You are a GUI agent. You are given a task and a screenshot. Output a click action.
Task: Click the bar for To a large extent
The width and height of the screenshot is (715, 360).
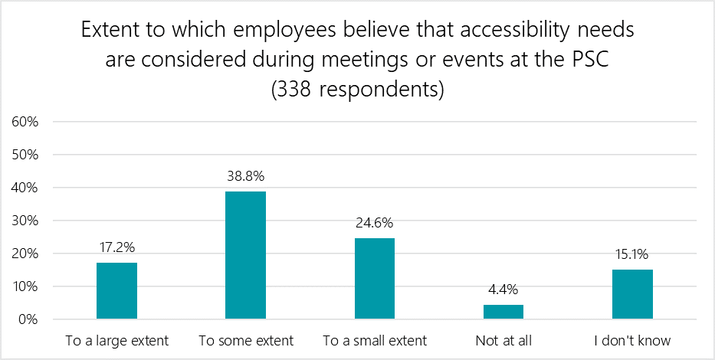tap(116, 290)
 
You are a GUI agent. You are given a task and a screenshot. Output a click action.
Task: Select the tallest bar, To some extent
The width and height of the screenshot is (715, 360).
tap(245, 255)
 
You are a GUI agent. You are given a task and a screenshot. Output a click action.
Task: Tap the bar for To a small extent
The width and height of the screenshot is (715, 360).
tap(374, 278)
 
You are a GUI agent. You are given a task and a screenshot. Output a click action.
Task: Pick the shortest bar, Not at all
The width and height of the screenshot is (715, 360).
tap(503, 312)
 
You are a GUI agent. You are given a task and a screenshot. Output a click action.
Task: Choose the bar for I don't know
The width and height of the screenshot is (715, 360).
tap(632, 294)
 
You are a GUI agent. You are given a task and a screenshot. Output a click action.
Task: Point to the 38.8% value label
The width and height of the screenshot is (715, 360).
tap(245, 176)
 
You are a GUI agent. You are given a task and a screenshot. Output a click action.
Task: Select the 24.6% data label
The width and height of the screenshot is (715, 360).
tap(374, 224)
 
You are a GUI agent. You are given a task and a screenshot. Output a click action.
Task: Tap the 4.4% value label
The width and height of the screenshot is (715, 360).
tap(503, 291)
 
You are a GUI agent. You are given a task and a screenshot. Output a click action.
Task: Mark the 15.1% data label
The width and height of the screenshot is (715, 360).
tap(632, 256)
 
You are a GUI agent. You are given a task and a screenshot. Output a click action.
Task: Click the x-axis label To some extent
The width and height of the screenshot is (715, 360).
tap(245, 339)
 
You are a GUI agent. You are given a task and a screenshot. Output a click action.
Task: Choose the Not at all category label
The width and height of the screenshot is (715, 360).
tap(503, 339)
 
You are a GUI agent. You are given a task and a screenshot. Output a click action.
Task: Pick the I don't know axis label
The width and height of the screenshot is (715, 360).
tap(632, 339)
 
